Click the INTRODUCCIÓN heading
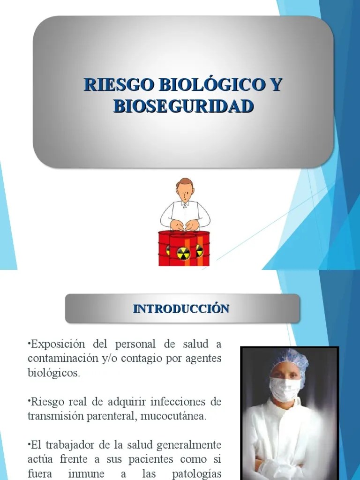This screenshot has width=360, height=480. point(181,308)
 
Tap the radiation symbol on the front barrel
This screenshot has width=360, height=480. point(183,254)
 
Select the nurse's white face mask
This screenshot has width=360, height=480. point(285,389)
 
